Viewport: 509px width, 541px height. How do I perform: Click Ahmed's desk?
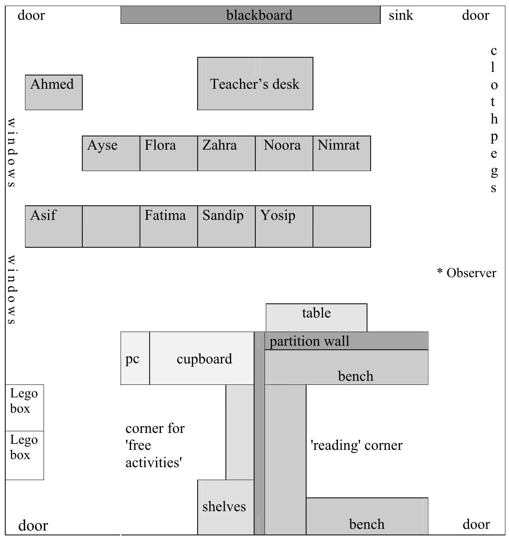click(54, 92)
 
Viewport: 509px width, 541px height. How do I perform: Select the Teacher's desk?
click(255, 84)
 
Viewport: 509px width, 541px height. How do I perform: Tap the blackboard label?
click(259, 15)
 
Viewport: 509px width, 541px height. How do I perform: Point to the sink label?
click(401, 15)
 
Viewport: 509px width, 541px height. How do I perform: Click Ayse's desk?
click(111, 153)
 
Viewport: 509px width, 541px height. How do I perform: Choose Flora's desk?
click(169, 153)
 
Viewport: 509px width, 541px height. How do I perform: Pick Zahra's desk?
click(227, 153)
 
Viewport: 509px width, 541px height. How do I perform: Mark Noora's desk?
click(284, 153)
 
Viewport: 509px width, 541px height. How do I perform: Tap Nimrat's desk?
click(342, 153)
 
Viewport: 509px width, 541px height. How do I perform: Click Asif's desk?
click(54, 226)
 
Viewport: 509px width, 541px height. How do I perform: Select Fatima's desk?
click(169, 226)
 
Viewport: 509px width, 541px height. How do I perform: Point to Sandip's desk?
click(227, 226)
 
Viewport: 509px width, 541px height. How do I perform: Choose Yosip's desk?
click(284, 226)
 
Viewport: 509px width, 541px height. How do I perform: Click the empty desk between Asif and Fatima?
click(111, 226)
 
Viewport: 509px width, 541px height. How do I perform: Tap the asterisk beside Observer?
click(440, 272)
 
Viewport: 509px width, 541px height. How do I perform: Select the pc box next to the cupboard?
click(135, 358)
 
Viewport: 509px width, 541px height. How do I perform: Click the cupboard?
click(202, 358)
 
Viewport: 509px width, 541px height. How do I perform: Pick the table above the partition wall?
click(317, 317)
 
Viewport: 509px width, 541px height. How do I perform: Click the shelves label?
click(224, 507)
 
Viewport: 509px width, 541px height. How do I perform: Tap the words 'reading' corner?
click(357, 445)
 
